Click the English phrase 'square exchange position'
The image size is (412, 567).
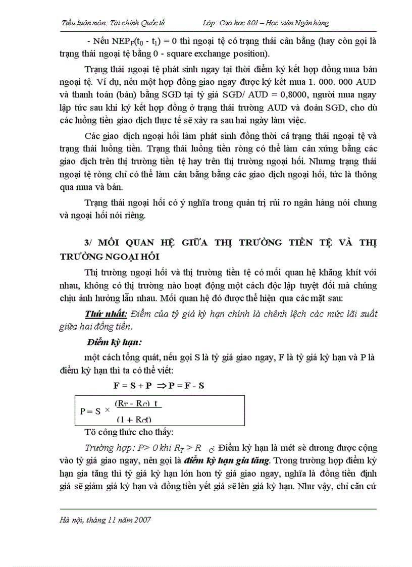click(x=225, y=53)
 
